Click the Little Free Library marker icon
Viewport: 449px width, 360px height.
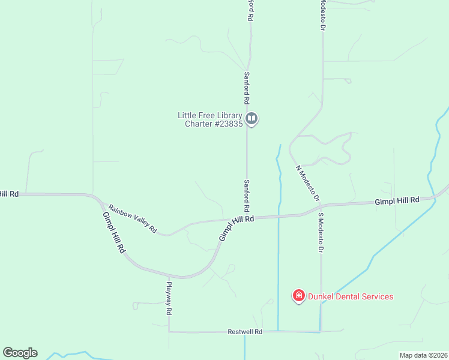pyautogui.click(x=252, y=119)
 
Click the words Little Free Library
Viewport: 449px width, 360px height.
pyautogui.click(x=209, y=115)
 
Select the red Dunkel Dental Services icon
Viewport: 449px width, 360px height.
pyautogui.click(x=298, y=296)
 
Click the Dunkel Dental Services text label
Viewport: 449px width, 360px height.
pyautogui.click(x=351, y=296)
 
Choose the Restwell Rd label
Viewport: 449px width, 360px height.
pyautogui.click(x=246, y=332)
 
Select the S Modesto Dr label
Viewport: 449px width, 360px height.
pyautogui.click(x=321, y=232)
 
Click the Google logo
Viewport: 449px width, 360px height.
pyautogui.click(x=20, y=353)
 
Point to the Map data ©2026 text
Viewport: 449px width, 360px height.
pyautogui.click(x=423, y=355)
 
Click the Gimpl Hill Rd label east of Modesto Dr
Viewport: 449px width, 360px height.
pyautogui.click(x=397, y=200)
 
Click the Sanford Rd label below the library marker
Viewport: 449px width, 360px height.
pyautogui.click(x=246, y=196)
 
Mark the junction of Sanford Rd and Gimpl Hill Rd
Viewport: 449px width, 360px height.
pyautogui.click(x=247, y=218)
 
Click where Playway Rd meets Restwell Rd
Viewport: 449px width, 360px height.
pyautogui.click(x=169, y=331)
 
